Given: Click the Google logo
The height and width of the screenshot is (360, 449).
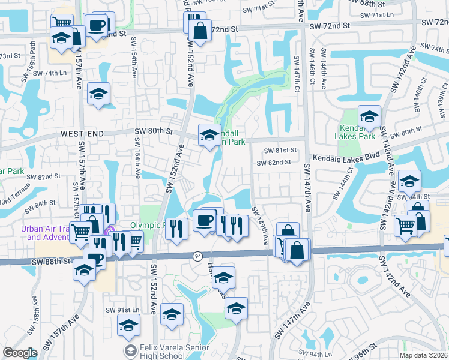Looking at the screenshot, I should pyautogui.click(x=19, y=353).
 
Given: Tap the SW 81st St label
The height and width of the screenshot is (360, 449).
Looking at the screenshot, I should pyautogui.click(x=277, y=150).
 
